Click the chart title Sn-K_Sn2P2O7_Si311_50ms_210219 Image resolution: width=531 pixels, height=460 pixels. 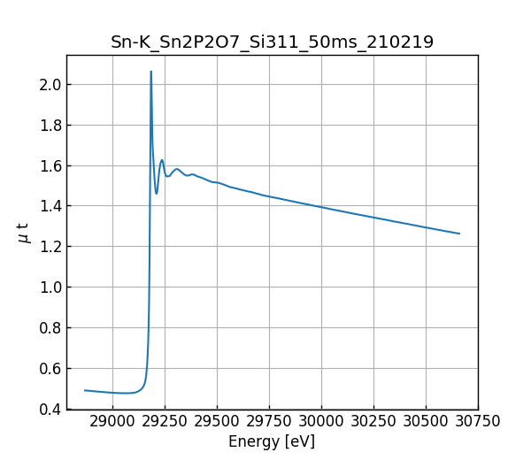point(272,42)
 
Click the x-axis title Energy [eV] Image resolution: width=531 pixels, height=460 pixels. point(272,441)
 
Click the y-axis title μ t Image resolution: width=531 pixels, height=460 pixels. point(24,232)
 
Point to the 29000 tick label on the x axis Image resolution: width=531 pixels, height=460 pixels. point(112,421)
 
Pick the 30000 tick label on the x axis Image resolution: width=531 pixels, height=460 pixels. point(321,421)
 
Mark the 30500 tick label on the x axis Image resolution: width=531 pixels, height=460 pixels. point(426,421)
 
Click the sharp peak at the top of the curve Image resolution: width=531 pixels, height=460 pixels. point(150,72)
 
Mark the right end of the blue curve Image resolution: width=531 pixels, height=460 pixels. point(459,234)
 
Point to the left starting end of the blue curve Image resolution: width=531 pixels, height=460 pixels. point(85,390)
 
